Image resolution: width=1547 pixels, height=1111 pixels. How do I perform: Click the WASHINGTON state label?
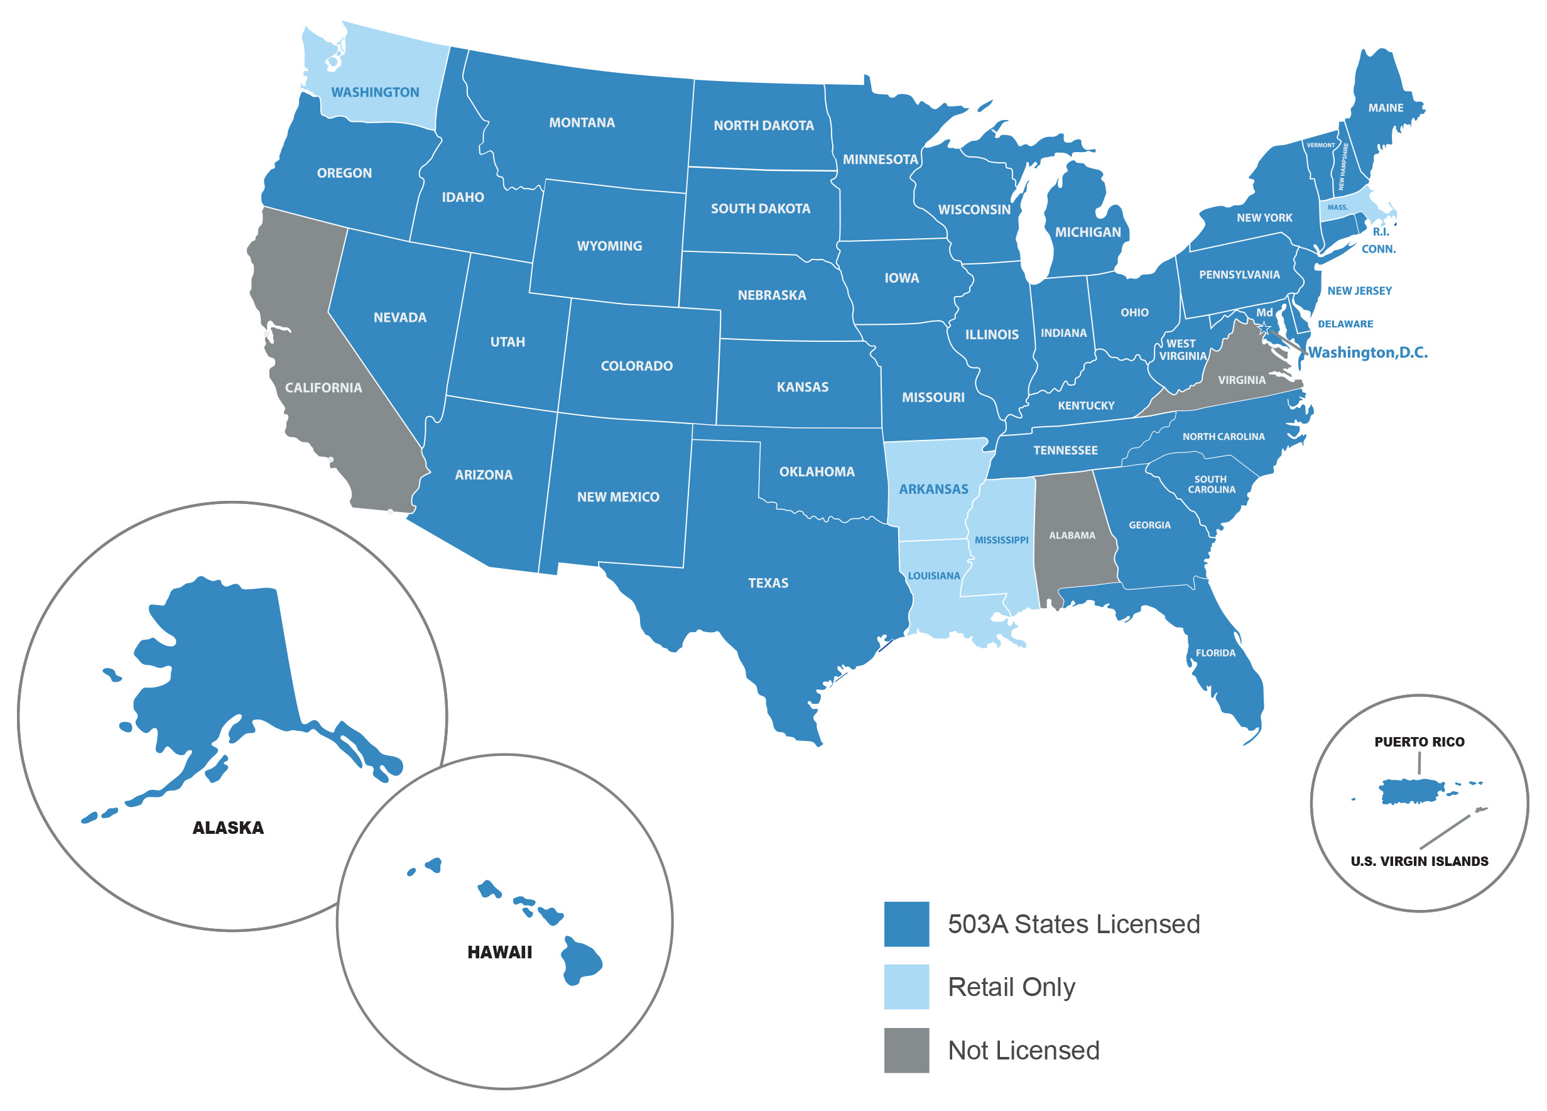pyautogui.click(x=374, y=92)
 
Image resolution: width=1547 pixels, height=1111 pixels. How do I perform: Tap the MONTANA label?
pyautogui.click(x=582, y=123)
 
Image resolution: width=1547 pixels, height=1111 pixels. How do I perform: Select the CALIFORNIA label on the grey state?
pyautogui.click(x=323, y=388)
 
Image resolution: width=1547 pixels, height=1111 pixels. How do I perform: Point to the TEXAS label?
pyautogui.click(x=768, y=583)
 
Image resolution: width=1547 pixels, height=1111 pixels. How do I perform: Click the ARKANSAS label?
pyautogui.click(x=933, y=490)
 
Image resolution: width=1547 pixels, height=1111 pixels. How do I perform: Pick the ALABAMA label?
pyautogui.click(x=1072, y=536)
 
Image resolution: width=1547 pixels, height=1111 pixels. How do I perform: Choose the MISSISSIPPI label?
pyautogui.click(x=1001, y=540)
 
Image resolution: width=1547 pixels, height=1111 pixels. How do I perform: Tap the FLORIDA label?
pyautogui.click(x=1215, y=653)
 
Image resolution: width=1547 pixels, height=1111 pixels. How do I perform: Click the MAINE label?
pyautogui.click(x=1386, y=108)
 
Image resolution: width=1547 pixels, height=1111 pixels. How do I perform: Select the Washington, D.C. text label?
pyautogui.click(x=1367, y=352)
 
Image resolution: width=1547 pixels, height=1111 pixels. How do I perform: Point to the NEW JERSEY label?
pyautogui.click(x=1359, y=291)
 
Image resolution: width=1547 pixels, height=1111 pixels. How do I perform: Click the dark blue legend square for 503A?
pyautogui.click(x=906, y=924)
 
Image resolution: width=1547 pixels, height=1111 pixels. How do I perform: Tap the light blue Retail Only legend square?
pyautogui.click(x=906, y=986)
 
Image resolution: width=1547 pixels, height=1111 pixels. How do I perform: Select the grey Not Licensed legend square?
pyautogui.click(x=906, y=1049)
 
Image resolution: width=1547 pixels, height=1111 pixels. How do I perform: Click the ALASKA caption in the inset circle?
pyautogui.click(x=228, y=828)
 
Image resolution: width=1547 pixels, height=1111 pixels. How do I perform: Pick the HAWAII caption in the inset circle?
pyautogui.click(x=499, y=952)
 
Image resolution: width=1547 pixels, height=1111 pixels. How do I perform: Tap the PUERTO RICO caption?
pyautogui.click(x=1419, y=742)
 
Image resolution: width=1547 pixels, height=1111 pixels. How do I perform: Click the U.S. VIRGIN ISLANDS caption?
pyautogui.click(x=1419, y=862)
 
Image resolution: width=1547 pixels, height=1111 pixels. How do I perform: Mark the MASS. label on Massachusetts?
pyautogui.click(x=1337, y=207)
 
